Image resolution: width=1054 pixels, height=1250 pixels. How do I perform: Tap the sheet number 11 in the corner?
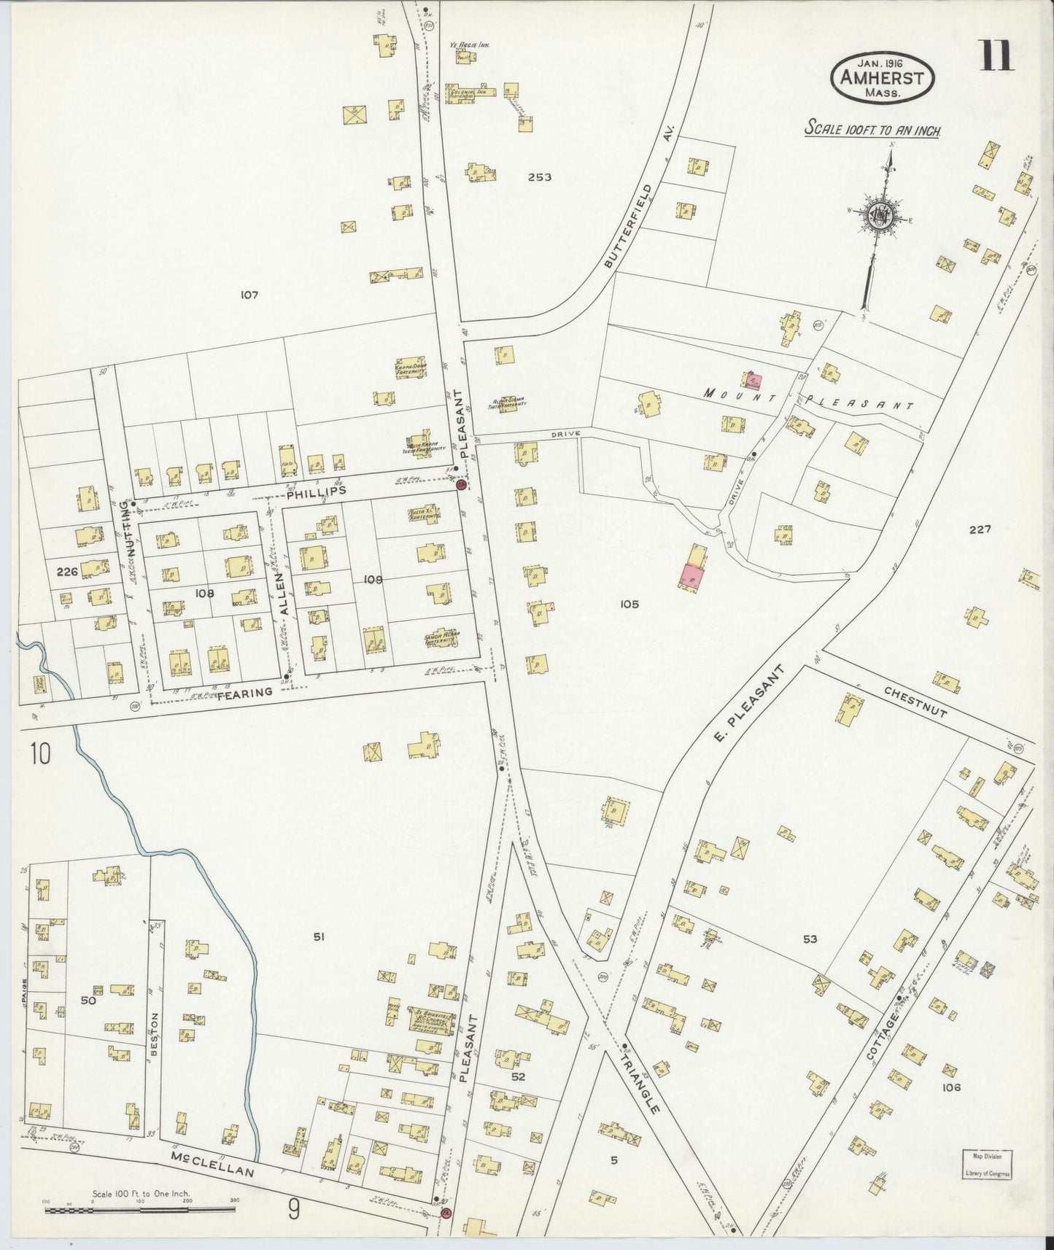click(x=996, y=55)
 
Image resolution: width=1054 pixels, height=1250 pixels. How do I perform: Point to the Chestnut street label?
click(x=903, y=696)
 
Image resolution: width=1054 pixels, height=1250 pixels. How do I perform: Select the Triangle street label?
click(x=642, y=1081)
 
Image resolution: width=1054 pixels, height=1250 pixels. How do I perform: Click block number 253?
click(x=540, y=177)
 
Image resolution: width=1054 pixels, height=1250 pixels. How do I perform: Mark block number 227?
click(x=979, y=529)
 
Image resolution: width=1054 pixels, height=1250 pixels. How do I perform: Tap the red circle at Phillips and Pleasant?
click(x=461, y=484)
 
